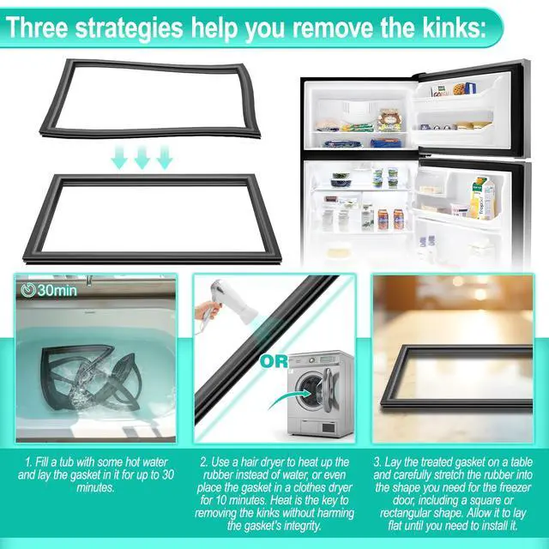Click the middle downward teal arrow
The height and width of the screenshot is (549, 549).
(142, 158)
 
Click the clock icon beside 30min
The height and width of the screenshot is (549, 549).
(28, 290)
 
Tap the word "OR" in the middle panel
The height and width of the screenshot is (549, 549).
(274, 362)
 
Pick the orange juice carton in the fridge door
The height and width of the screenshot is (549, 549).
(482, 198)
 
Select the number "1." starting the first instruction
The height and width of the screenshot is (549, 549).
(28, 462)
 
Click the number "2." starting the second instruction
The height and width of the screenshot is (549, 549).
(204, 462)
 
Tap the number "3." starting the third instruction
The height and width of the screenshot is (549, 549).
(377, 462)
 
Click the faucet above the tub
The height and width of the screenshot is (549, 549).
(89, 281)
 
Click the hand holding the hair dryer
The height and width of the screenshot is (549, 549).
(208, 311)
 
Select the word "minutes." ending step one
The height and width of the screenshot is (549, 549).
(95, 487)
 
